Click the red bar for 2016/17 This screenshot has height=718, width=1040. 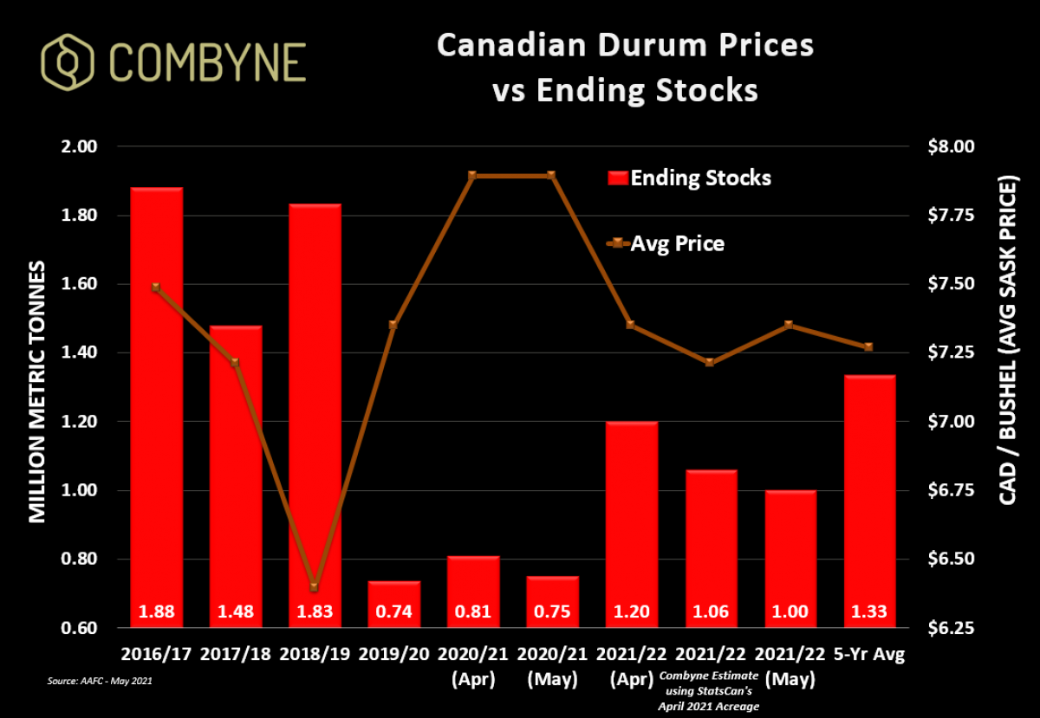156,398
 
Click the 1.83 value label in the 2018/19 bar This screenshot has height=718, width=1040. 315,612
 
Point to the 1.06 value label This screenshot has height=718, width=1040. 710,612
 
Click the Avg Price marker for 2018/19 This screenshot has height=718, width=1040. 315,587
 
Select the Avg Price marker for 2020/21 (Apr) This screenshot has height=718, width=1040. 472,175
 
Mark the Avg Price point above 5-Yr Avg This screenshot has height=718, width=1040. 868,346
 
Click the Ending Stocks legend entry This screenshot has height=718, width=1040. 689,178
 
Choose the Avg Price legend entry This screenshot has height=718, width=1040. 667,244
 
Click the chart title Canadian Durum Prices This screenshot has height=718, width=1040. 624,45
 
